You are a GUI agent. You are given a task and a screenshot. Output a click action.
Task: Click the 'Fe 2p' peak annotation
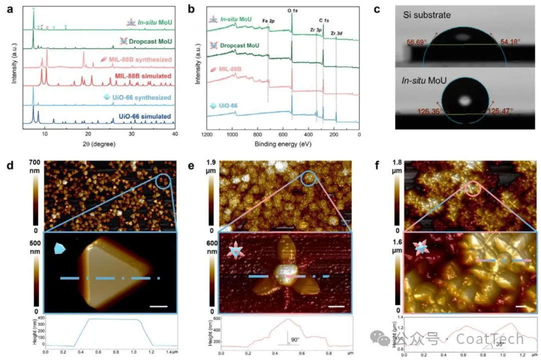click(269, 21)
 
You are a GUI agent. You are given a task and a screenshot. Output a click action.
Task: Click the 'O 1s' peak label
click(292, 10)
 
